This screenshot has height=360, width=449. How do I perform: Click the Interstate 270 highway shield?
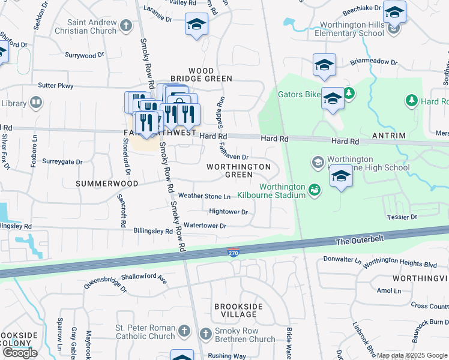234,253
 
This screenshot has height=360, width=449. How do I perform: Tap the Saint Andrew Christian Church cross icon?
125,26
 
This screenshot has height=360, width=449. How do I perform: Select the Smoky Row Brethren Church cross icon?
204,333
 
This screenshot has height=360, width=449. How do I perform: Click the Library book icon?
36,103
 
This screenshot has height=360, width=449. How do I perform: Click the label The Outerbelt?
358,241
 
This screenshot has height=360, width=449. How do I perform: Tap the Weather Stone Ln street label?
204,196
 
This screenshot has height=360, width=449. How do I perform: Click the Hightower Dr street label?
228,211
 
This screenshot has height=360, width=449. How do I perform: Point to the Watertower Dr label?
205,226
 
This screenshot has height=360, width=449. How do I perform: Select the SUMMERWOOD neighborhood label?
107,183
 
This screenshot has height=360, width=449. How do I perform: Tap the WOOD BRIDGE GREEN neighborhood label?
201,74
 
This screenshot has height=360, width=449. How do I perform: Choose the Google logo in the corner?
20,353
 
